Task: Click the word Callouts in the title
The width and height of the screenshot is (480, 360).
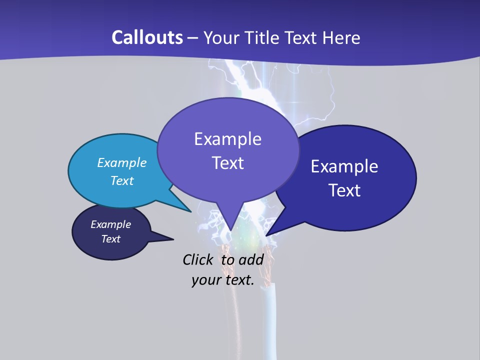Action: [x=147, y=37]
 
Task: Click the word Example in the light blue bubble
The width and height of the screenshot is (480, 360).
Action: [x=122, y=162]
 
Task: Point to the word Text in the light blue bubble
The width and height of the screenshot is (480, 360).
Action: [x=122, y=180]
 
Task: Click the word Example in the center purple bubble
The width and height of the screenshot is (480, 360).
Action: [x=227, y=139]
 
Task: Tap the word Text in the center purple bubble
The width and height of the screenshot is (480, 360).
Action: [x=227, y=163]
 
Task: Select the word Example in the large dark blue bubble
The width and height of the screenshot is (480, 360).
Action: [x=344, y=166]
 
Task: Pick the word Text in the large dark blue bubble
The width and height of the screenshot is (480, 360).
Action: [x=344, y=190]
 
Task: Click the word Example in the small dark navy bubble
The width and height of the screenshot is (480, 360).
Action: [x=111, y=224]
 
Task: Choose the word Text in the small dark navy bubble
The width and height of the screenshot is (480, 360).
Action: [x=111, y=239]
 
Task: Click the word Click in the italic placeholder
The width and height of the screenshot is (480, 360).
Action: [x=197, y=259]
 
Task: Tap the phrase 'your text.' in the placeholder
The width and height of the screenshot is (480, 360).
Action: [x=223, y=280]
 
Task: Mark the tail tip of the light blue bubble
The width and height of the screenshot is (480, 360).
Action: [x=190, y=211]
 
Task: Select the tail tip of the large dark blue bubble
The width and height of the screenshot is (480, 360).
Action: [x=267, y=235]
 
